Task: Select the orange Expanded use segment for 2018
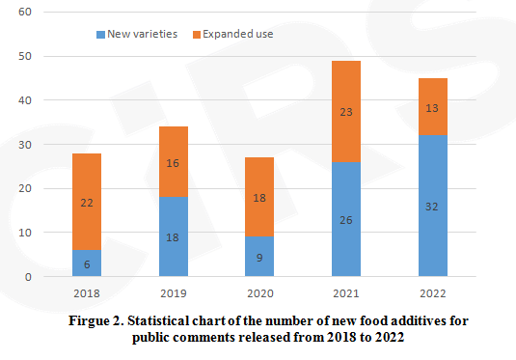click(x=87, y=202)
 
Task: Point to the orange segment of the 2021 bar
click(x=346, y=111)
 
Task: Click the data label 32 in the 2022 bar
click(x=432, y=207)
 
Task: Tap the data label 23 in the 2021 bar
click(x=346, y=112)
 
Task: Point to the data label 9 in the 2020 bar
click(x=259, y=258)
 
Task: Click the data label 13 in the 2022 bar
click(x=432, y=107)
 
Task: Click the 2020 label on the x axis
click(x=259, y=292)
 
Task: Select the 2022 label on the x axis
click(x=432, y=292)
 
